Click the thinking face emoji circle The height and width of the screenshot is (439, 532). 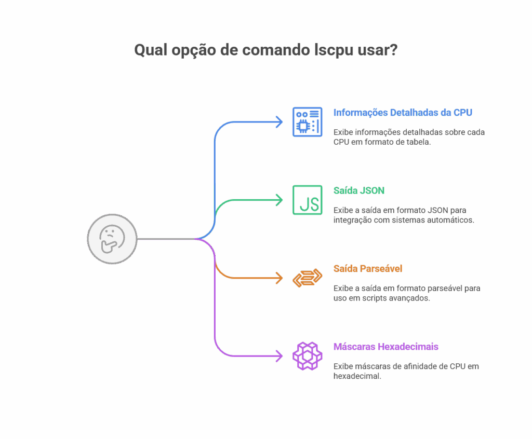[112, 239]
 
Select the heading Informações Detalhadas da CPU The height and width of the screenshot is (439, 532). [403, 113]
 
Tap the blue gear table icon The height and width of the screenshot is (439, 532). [307, 122]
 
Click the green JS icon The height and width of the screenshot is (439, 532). [307, 200]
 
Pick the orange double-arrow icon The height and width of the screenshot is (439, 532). [307, 278]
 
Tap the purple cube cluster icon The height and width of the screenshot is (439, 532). [307, 356]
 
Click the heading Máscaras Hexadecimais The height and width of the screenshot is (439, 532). [385, 346]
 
